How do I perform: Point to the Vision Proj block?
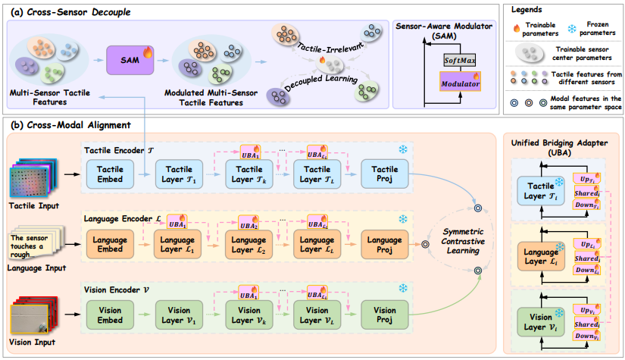pyautogui.click(x=384, y=315)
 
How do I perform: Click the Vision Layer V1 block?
pyautogui.click(x=180, y=315)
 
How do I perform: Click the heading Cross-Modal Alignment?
pyautogui.click(x=61, y=125)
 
